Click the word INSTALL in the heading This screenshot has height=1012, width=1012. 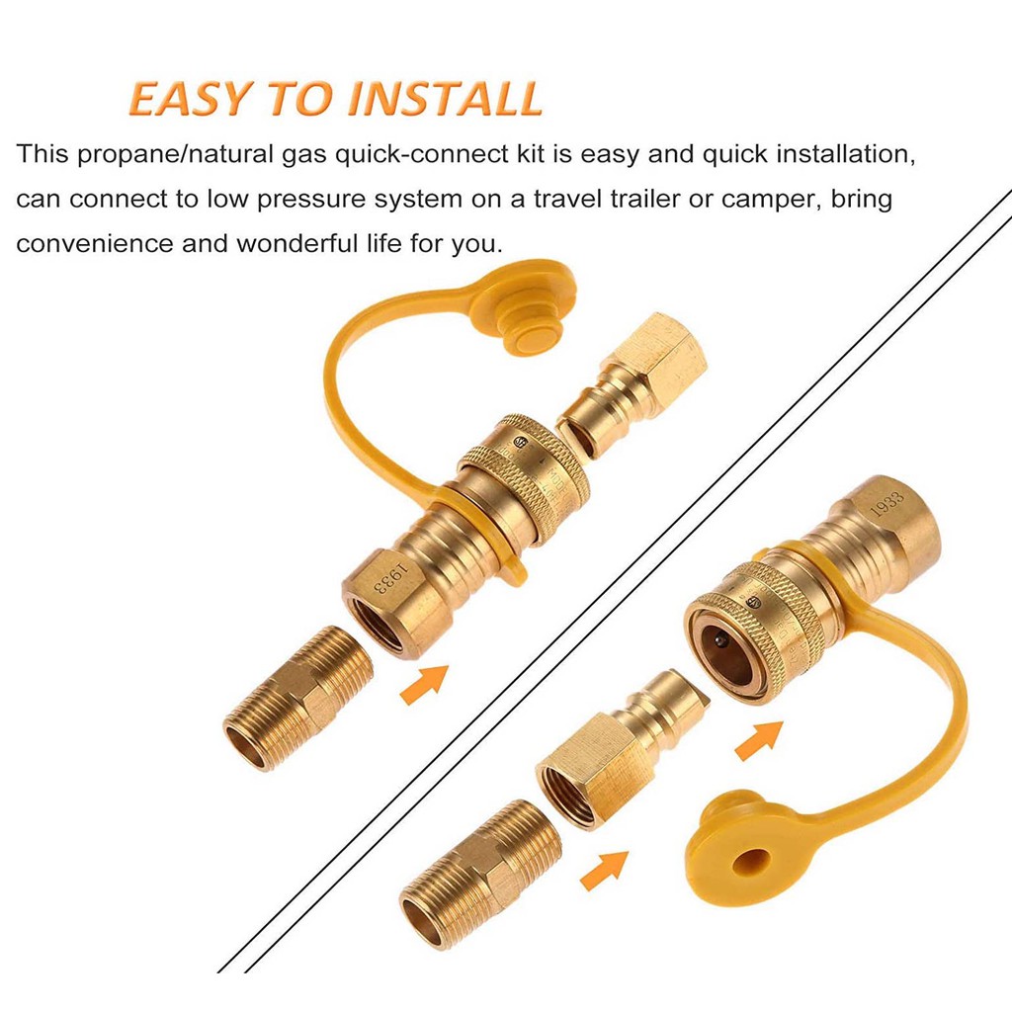point(445,99)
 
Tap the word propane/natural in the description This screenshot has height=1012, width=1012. point(174,155)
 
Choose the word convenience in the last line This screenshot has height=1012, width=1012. point(95,244)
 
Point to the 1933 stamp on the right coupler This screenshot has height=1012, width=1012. point(886,503)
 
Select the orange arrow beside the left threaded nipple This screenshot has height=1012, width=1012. point(424,684)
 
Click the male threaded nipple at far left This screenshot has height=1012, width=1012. point(298,698)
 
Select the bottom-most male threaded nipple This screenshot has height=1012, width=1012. point(480,874)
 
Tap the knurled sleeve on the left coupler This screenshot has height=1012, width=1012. point(524,476)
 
